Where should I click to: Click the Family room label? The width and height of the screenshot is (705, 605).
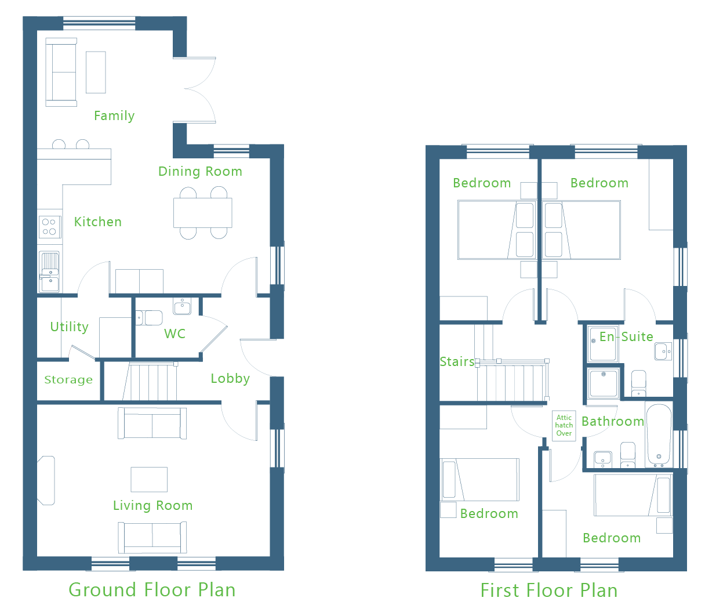coord(114,116)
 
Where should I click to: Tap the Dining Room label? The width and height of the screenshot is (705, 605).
coord(200,172)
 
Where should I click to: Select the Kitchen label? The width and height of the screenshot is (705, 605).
coord(98,222)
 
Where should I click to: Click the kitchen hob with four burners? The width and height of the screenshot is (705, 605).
coord(50,227)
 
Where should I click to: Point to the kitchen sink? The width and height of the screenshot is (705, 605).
coord(49,272)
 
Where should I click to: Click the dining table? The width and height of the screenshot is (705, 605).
coord(202,213)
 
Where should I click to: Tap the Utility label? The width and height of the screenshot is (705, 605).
coord(69,327)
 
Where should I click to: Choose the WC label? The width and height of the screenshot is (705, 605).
coord(175,334)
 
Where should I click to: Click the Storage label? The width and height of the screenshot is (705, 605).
coord(68,380)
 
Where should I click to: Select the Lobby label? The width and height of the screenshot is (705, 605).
coord(230,378)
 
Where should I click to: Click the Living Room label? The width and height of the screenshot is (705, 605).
coord(153,506)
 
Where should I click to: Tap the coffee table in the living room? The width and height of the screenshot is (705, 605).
coord(149,480)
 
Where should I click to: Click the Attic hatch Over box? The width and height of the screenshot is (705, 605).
coord(564,426)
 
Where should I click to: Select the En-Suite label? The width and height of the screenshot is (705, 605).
coord(626,337)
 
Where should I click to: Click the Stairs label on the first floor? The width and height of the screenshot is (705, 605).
coord(457,362)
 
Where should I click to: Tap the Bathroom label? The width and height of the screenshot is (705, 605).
coord(613,422)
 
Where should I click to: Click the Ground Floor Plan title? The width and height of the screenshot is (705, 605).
coord(152,590)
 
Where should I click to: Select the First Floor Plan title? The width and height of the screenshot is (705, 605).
coord(549,590)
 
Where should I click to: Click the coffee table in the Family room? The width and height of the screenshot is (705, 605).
coord(96,73)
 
